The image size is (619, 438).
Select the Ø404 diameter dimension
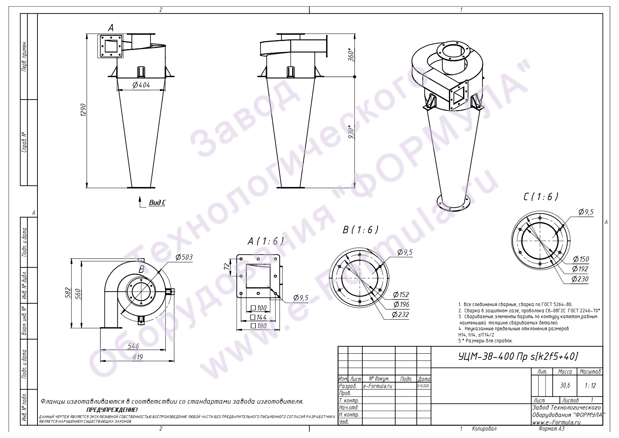coord(141,85)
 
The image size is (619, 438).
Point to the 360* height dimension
coord(351,55)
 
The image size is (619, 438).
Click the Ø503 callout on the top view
coord(184,257)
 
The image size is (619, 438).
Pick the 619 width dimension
coord(138,357)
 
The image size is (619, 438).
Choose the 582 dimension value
coord(67,293)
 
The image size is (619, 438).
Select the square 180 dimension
coord(259,326)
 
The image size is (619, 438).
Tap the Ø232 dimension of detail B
coord(401,315)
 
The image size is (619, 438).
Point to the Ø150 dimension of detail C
coord(580,259)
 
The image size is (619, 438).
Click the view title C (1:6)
coord(541,197)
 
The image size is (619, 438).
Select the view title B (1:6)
coord(360,230)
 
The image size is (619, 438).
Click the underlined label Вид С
coord(157,203)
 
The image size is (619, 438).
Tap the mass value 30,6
coord(565,385)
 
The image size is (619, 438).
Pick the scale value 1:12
coord(590,385)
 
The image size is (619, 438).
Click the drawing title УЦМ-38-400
coord(518,356)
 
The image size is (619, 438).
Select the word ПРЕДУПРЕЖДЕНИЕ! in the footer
coord(112,410)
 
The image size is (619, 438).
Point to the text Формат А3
coord(551,429)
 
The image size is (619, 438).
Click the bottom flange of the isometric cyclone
coord(453,203)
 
